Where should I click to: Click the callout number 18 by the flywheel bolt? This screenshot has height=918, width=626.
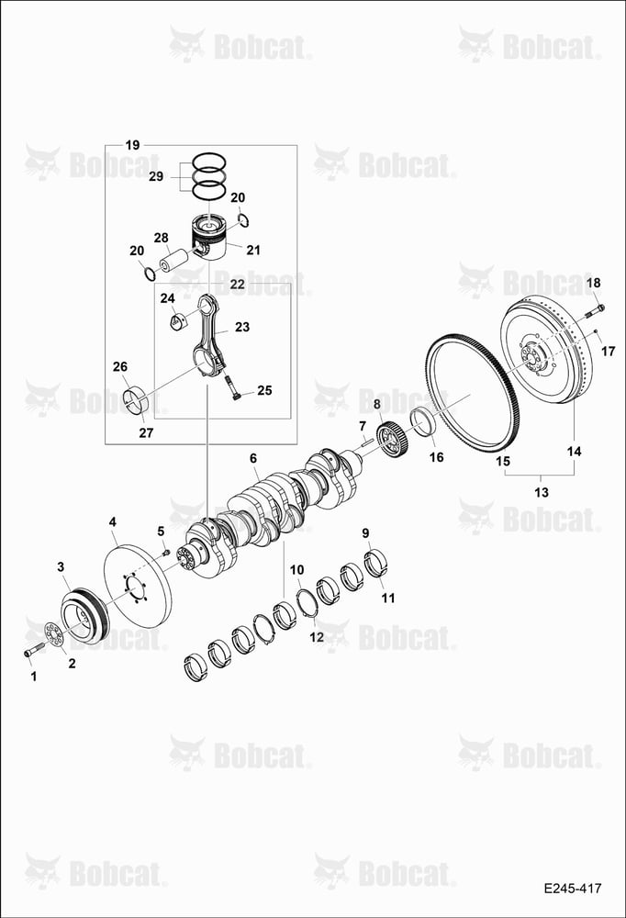[593, 284]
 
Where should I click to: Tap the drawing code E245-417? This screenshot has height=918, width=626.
[572, 889]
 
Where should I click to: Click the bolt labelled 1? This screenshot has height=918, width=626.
[34, 651]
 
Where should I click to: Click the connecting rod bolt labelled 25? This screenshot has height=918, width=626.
[230, 386]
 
